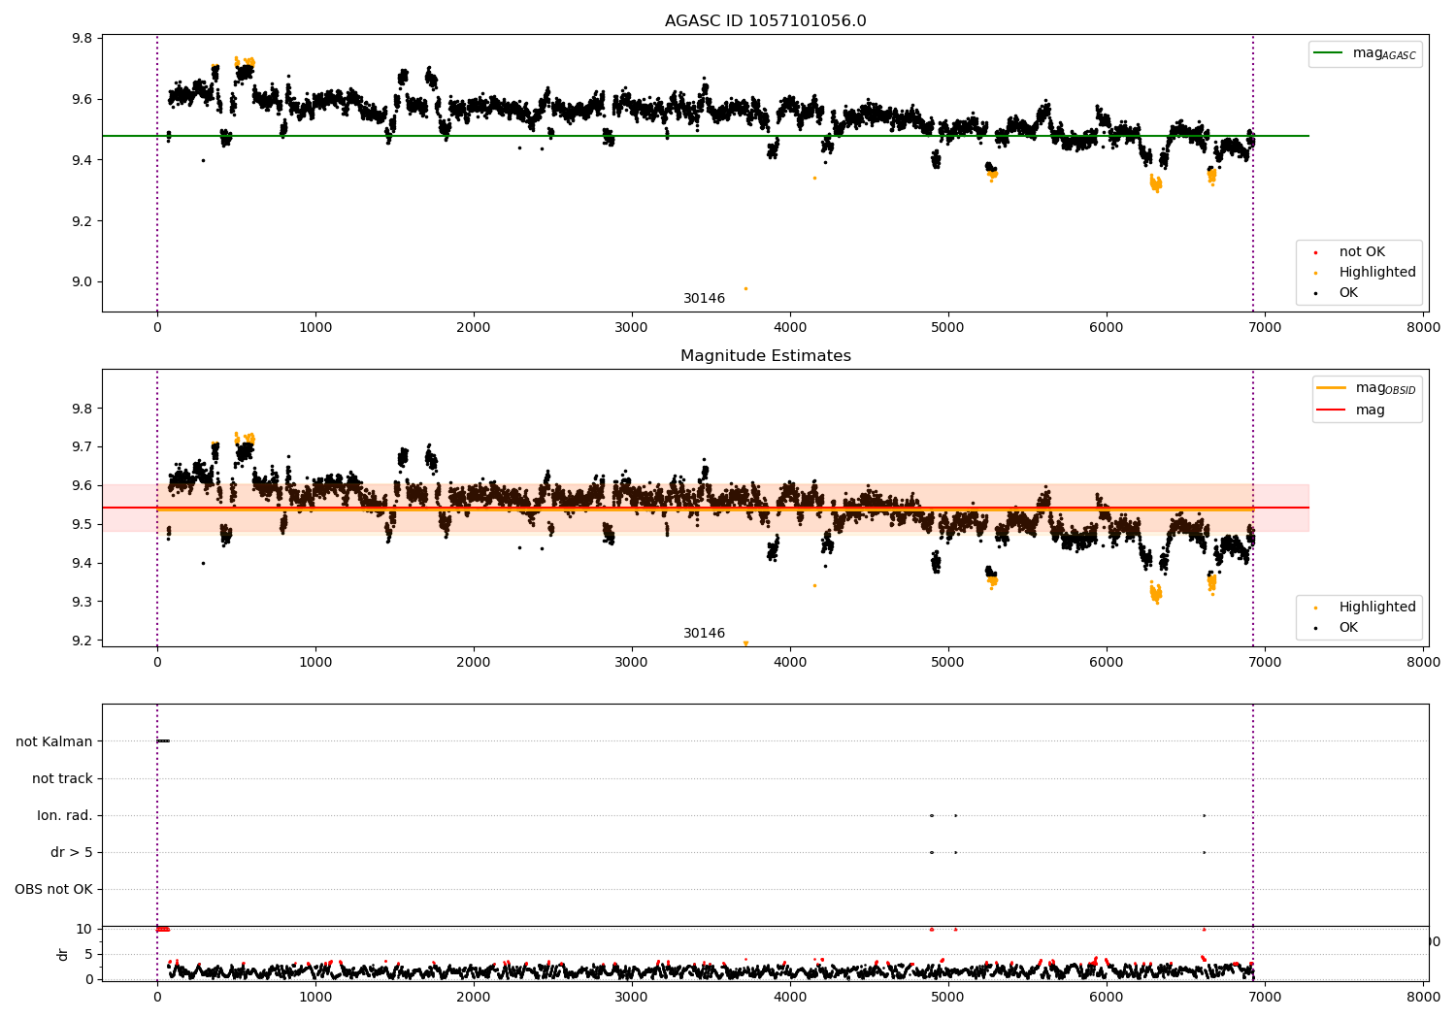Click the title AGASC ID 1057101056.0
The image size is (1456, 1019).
(x=765, y=21)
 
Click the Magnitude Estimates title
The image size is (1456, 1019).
(x=765, y=356)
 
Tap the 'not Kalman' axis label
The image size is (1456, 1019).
(x=54, y=741)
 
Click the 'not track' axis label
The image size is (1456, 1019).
(x=62, y=778)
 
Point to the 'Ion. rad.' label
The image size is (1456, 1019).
(x=65, y=815)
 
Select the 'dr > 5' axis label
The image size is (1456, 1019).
(x=72, y=852)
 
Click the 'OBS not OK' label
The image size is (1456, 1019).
(x=54, y=889)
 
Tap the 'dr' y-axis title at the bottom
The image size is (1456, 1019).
(x=63, y=954)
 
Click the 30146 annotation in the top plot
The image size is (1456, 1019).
(x=704, y=299)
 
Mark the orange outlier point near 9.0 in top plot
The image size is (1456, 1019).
(x=745, y=288)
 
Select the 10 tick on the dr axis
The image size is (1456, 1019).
(x=84, y=929)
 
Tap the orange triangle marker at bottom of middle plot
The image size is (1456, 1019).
(x=745, y=643)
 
